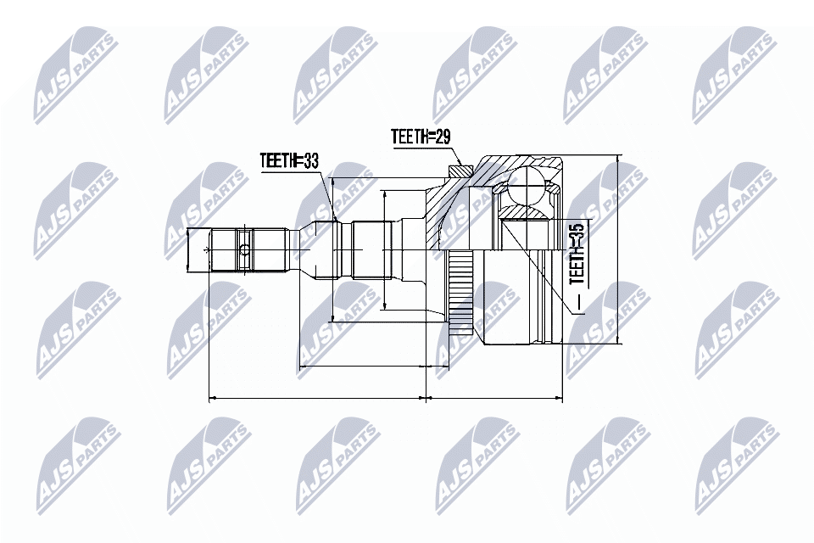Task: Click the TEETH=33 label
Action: pyautogui.click(x=290, y=161)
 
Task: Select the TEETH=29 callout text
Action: pyautogui.click(x=419, y=137)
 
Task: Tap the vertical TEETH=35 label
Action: pyautogui.click(x=577, y=252)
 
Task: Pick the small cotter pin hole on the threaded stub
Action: pyautogui.click(x=244, y=249)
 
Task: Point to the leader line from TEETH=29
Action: pyautogui.click(x=454, y=154)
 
